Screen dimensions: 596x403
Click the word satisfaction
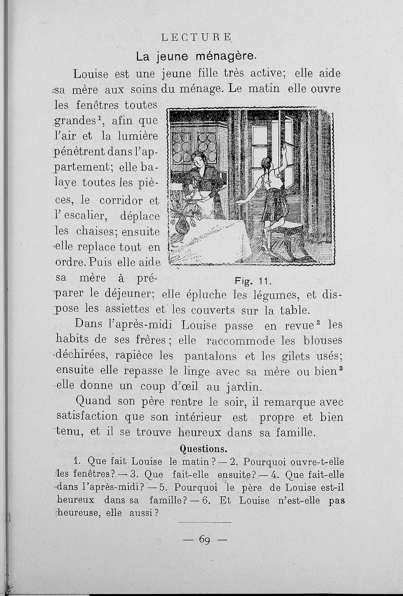tap(87, 417)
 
